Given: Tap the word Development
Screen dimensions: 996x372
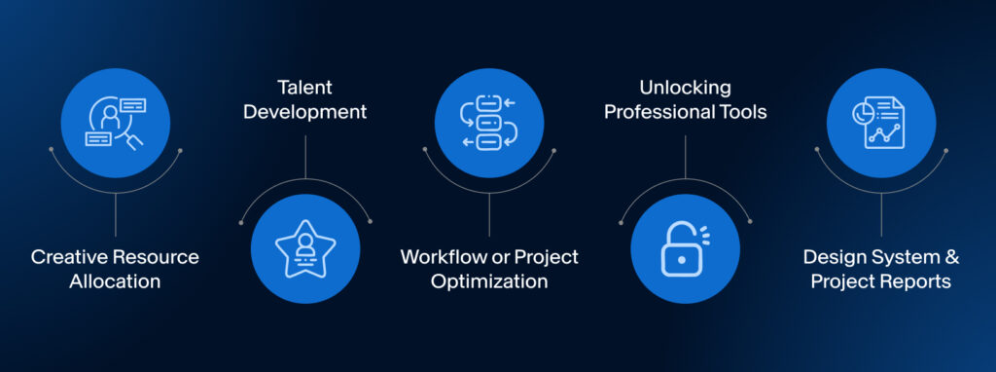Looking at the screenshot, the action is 304,112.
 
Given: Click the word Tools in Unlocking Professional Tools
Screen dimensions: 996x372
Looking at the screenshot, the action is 741,112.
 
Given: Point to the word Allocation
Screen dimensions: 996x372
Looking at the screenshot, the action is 115,281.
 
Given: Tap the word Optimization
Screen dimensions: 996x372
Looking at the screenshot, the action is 489,281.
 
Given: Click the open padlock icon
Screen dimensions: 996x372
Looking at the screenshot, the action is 685,248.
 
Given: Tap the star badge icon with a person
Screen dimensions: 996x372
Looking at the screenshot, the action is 305,248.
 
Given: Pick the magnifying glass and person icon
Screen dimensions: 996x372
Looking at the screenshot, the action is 115,123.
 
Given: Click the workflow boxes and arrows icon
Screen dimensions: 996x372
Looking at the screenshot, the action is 488,123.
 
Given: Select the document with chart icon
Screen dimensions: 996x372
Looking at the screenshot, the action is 881,123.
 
